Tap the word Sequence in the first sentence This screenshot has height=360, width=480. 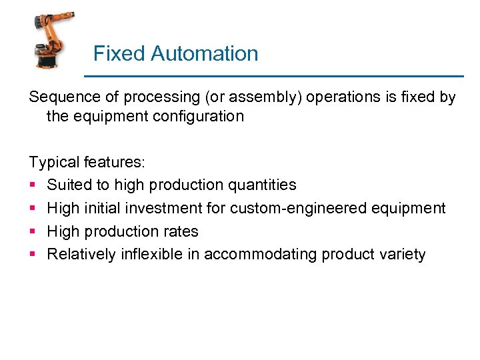pyautogui.click(x=59, y=97)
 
